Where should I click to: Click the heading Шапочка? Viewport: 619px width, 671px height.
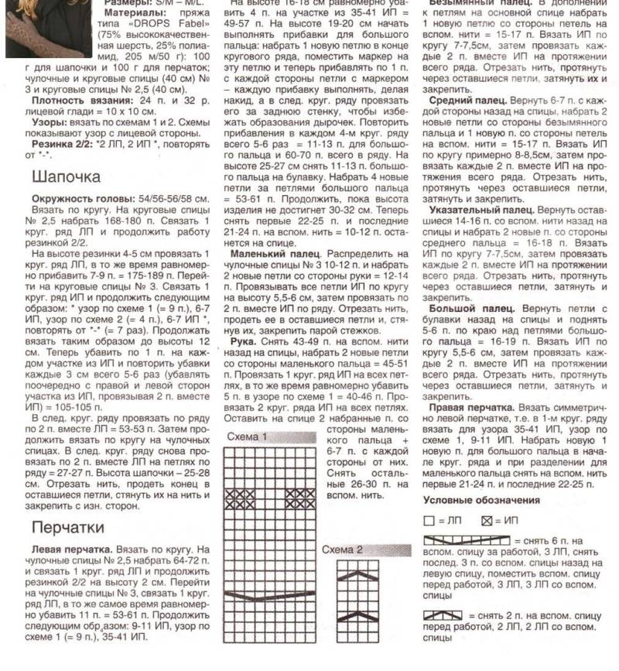tap(67, 177)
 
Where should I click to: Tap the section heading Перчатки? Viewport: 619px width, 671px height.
tap(69, 527)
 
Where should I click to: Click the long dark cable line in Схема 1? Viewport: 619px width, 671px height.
tap(270, 594)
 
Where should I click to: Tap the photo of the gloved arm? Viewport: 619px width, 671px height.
tap(49, 27)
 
